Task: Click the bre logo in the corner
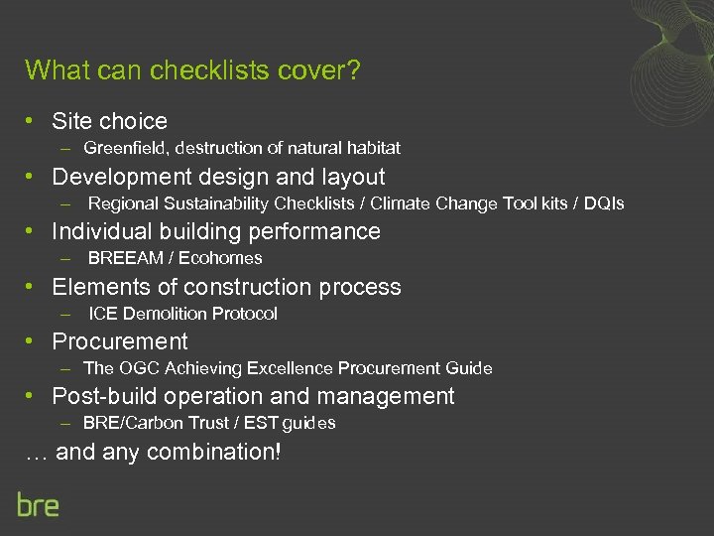pyautogui.click(x=38, y=503)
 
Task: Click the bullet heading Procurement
pyautogui.click(x=120, y=341)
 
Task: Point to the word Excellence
pyautogui.click(x=290, y=368)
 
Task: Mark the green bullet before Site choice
pyautogui.click(x=33, y=121)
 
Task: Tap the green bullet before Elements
pyautogui.click(x=33, y=287)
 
